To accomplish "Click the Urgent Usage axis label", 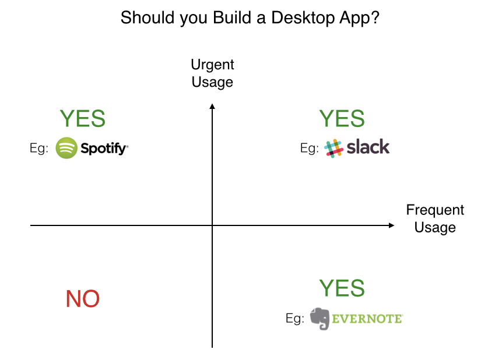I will click(212, 73).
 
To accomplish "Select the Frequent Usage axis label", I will click(435, 218).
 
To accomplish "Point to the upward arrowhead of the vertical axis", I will click(212, 106).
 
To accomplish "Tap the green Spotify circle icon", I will click(66, 148).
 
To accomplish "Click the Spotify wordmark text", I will click(104, 149).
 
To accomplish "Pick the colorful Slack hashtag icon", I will click(333, 148).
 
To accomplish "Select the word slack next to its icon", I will click(368, 147).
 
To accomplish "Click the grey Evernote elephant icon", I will click(320, 318).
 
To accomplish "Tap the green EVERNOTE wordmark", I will click(367, 319).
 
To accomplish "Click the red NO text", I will click(83, 299).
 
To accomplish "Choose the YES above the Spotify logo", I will click(83, 119).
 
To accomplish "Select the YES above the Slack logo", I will click(342, 119).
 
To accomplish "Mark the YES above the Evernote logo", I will click(342, 288).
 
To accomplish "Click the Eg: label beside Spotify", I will click(39, 149).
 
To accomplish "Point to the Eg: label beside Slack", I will click(310, 149).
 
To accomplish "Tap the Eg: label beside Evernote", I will click(295, 319).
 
